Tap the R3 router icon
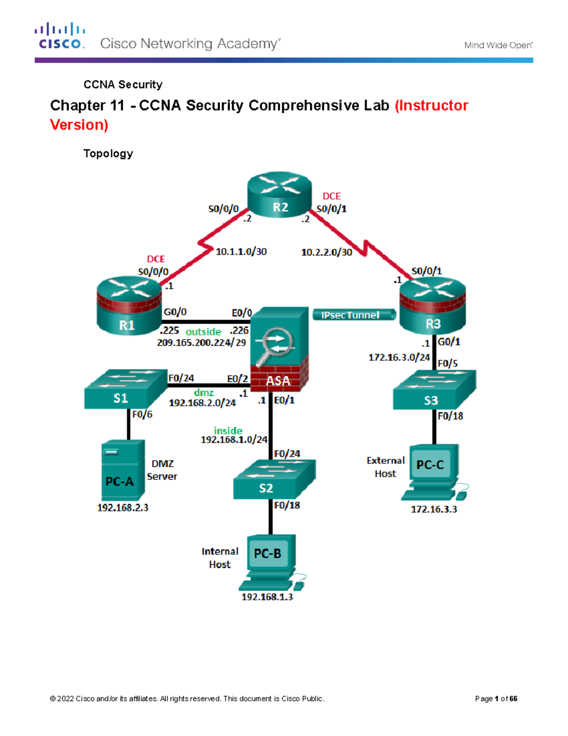pyautogui.click(x=433, y=306)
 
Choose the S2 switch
pyautogui.click(x=274, y=480)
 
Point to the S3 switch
pyautogui.click(x=434, y=390)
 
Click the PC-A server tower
pyautogui.click(x=123, y=470)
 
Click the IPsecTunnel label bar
pyautogui.click(x=354, y=315)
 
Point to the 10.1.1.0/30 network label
pyautogui.click(x=241, y=252)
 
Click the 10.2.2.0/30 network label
pyautogui.click(x=327, y=252)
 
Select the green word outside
pyautogui.click(x=203, y=332)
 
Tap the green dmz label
pyautogui.click(x=204, y=393)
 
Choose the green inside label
pyautogui.click(x=228, y=430)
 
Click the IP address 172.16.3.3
pyautogui.click(x=434, y=509)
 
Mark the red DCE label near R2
pyautogui.click(x=331, y=196)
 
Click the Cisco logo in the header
pyautogui.click(x=60, y=36)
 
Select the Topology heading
pyautogui.click(x=108, y=154)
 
